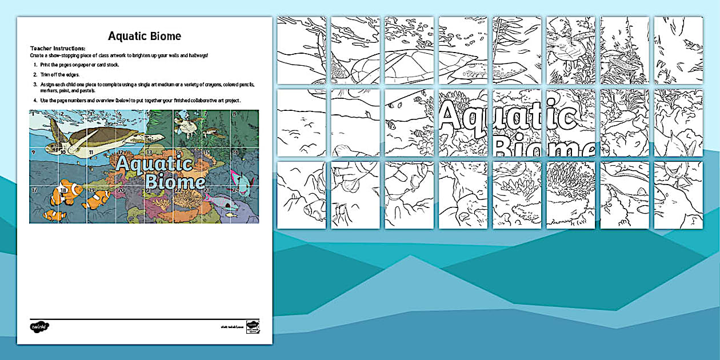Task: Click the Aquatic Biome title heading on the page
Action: [x=145, y=37]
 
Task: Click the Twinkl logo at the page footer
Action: [x=39, y=327]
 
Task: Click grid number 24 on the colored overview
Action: [x=234, y=189]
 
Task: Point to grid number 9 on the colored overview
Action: [x=33, y=153]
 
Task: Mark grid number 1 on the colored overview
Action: [x=33, y=114]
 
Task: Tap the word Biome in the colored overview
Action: [x=174, y=182]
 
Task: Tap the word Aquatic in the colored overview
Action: [x=153, y=164]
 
